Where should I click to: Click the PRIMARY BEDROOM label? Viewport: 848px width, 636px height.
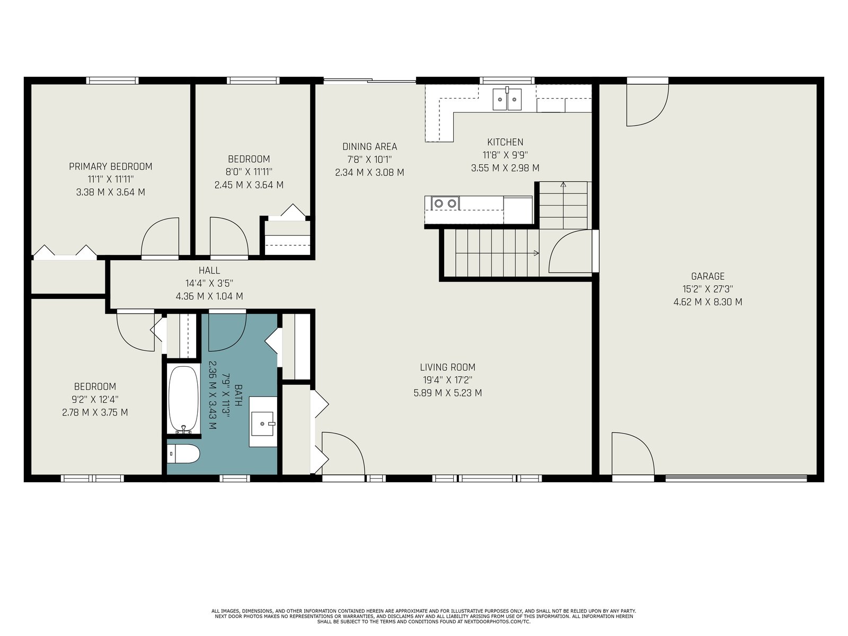pyautogui.click(x=110, y=166)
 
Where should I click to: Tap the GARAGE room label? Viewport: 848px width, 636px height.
pyautogui.click(x=708, y=276)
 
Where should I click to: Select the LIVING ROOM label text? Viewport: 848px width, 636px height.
pyautogui.click(x=448, y=367)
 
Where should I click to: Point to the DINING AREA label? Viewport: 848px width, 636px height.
pyautogui.click(x=370, y=146)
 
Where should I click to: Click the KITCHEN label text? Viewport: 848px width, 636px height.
pyautogui.click(x=505, y=142)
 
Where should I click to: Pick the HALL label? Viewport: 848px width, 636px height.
pyautogui.click(x=209, y=270)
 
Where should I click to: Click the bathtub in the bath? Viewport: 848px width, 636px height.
pyautogui.click(x=183, y=400)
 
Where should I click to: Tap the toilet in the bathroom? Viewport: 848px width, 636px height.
pyautogui.click(x=184, y=454)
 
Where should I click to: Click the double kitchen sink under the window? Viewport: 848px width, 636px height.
pyautogui.click(x=507, y=99)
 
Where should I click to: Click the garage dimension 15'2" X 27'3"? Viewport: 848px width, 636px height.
pyautogui.click(x=708, y=289)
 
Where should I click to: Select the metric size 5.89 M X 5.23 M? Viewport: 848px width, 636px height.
pyautogui.click(x=448, y=393)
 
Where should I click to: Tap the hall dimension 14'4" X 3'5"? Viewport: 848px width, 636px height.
pyautogui.click(x=209, y=283)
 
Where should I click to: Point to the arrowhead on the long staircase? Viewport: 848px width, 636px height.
pyautogui.click(x=536, y=253)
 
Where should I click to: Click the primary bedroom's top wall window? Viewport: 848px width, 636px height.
pyautogui.click(x=112, y=81)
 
